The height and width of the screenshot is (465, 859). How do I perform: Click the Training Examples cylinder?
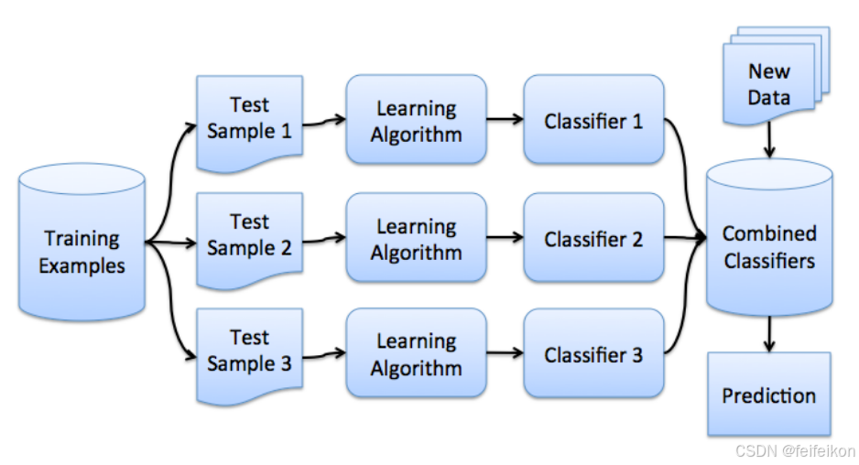[82, 242]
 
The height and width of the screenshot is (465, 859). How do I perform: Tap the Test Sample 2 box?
[249, 240]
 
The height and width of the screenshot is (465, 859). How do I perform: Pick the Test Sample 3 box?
[249, 356]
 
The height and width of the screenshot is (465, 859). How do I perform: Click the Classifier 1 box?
[593, 119]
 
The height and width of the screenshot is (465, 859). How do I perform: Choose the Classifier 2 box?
[593, 237]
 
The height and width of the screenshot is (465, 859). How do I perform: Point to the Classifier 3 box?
[593, 353]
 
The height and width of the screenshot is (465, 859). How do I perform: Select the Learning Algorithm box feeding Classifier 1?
[417, 119]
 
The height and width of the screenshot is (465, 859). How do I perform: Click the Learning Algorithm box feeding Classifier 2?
[417, 237]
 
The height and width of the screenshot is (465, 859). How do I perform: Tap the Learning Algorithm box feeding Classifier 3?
[417, 353]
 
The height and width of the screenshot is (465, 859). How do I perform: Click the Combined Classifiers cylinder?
[769, 237]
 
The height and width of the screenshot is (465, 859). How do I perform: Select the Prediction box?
[769, 395]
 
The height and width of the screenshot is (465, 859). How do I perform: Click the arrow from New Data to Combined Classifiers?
[769, 140]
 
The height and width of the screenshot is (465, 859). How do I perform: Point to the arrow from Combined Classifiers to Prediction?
[769, 334]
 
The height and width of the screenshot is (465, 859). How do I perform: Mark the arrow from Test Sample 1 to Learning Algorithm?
[324, 121]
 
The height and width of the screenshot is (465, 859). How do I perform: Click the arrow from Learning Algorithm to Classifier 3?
[506, 352]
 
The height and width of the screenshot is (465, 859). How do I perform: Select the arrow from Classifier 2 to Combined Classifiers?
[685, 237]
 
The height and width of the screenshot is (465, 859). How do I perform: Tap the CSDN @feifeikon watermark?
[795, 450]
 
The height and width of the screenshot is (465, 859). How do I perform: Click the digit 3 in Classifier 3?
[637, 355]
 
